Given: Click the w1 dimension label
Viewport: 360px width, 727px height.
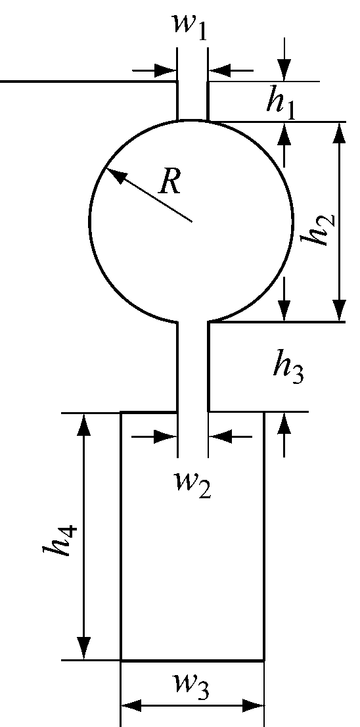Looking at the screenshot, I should click(x=190, y=26).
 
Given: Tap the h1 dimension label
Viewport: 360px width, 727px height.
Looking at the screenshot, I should click(x=281, y=103).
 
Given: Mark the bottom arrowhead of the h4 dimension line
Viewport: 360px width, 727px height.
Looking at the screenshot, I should click(x=83, y=647).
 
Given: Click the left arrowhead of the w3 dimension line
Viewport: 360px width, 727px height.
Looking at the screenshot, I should click(x=132, y=707).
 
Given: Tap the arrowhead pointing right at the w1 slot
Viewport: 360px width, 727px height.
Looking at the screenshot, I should click(x=168, y=69).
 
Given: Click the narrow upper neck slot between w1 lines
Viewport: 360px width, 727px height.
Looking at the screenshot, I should click(x=192, y=100).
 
